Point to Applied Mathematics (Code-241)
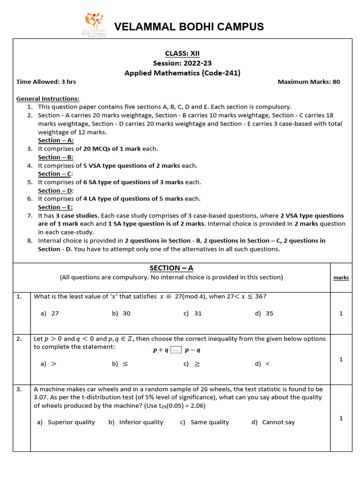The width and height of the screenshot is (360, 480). click(x=182, y=73)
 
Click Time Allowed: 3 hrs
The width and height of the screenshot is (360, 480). click(x=46, y=82)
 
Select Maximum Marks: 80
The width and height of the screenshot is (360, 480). click(x=308, y=82)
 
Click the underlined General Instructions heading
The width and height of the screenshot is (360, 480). click(x=48, y=98)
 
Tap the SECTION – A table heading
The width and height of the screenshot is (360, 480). click(x=171, y=268)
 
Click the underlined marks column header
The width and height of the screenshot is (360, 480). click(x=341, y=277)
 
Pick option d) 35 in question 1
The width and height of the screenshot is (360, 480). click(x=264, y=313)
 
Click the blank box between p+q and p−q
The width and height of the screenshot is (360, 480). click(x=176, y=350)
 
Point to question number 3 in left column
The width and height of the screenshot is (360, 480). click(x=19, y=389)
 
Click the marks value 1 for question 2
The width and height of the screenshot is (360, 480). click(x=341, y=359)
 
